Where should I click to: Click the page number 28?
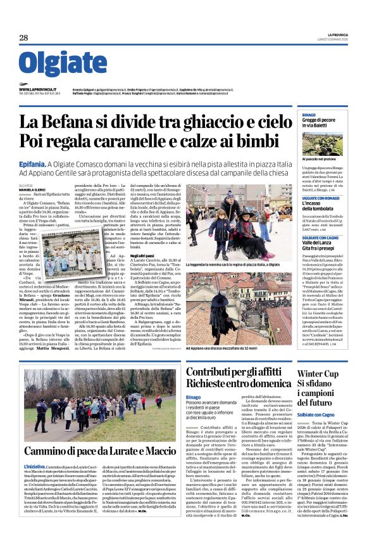[23, 38]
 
